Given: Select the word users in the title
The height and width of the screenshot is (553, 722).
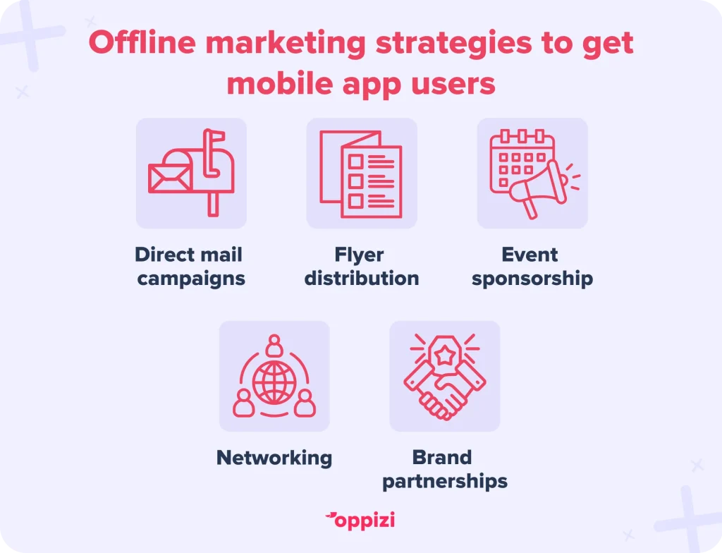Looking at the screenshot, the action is point(453,84).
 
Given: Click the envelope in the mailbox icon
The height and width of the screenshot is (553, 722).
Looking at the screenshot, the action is point(169,178).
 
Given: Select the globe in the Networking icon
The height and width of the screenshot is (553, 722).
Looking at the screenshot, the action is point(274,382).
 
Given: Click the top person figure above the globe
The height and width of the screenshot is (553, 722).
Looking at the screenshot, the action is point(274,345).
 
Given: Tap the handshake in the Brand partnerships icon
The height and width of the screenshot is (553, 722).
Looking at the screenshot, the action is point(444,391).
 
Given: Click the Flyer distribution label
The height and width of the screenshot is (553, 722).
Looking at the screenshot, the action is point(362,267).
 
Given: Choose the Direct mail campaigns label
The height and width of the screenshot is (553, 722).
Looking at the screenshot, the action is point(190,267).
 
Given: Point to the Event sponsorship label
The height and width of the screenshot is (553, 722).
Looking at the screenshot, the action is point(532,267).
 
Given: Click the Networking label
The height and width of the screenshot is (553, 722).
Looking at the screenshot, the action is point(274,458).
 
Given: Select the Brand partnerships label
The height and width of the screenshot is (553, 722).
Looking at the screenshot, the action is point(445,470).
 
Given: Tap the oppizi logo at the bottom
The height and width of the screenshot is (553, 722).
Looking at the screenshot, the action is point(360,521).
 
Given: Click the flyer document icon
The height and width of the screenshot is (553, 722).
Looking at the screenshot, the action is point(361,174).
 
